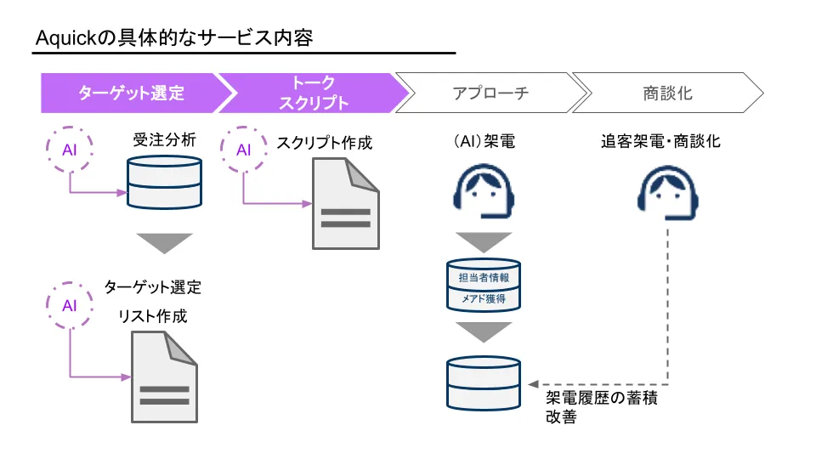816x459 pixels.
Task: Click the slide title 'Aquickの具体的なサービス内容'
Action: (174, 38)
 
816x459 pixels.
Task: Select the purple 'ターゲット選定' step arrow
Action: (132, 93)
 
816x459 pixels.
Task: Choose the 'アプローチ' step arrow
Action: (490, 93)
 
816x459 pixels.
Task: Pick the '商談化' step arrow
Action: (667, 93)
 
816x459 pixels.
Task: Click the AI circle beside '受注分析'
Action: (70, 150)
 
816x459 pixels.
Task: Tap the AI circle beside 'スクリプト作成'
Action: (244, 150)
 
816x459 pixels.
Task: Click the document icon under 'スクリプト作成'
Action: (345, 204)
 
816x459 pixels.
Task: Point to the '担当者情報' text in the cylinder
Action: (484, 277)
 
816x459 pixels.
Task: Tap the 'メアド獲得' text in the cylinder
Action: (484, 299)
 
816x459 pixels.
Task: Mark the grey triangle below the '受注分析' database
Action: (165, 241)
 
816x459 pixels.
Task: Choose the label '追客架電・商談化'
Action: (660, 142)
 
